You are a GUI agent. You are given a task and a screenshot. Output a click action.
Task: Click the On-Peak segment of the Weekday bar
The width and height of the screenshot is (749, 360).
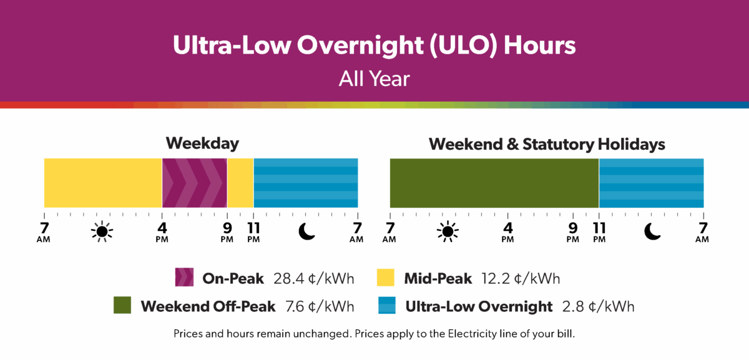(x=194, y=183)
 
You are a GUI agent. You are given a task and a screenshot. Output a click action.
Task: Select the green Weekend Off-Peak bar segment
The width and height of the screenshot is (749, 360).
(x=494, y=183)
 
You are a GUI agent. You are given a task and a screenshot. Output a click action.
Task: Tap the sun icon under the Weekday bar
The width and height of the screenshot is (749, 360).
(x=102, y=231)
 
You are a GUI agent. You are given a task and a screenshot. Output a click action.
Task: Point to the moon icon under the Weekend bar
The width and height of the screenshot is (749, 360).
(x=652, y=231)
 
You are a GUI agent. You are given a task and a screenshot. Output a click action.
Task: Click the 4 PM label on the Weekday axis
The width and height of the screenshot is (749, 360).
(x=162, y=231)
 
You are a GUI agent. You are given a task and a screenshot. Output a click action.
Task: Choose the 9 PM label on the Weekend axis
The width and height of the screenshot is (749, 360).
(x=572, y=231)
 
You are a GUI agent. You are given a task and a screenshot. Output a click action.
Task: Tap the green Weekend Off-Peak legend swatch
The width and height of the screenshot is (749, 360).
(x=123, y=306)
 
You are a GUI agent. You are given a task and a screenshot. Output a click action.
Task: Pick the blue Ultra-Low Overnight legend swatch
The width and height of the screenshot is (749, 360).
(x=388, y=306)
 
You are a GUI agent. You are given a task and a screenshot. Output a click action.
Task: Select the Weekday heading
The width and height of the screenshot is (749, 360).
(x=202, y=144)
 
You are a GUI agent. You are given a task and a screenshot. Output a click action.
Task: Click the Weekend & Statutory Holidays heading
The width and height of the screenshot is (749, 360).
(x=547, y=144)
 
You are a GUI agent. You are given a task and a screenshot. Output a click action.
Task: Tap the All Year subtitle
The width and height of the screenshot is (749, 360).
(x=374, y=79)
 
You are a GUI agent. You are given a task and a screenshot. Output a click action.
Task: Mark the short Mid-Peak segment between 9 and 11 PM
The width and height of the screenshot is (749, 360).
(x=240, y=183)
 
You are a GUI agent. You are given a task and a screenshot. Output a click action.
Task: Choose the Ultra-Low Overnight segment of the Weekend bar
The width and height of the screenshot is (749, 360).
(x=651, y=183)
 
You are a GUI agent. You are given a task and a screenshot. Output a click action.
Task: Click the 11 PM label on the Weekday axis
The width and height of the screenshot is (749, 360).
(x=253, y=231)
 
